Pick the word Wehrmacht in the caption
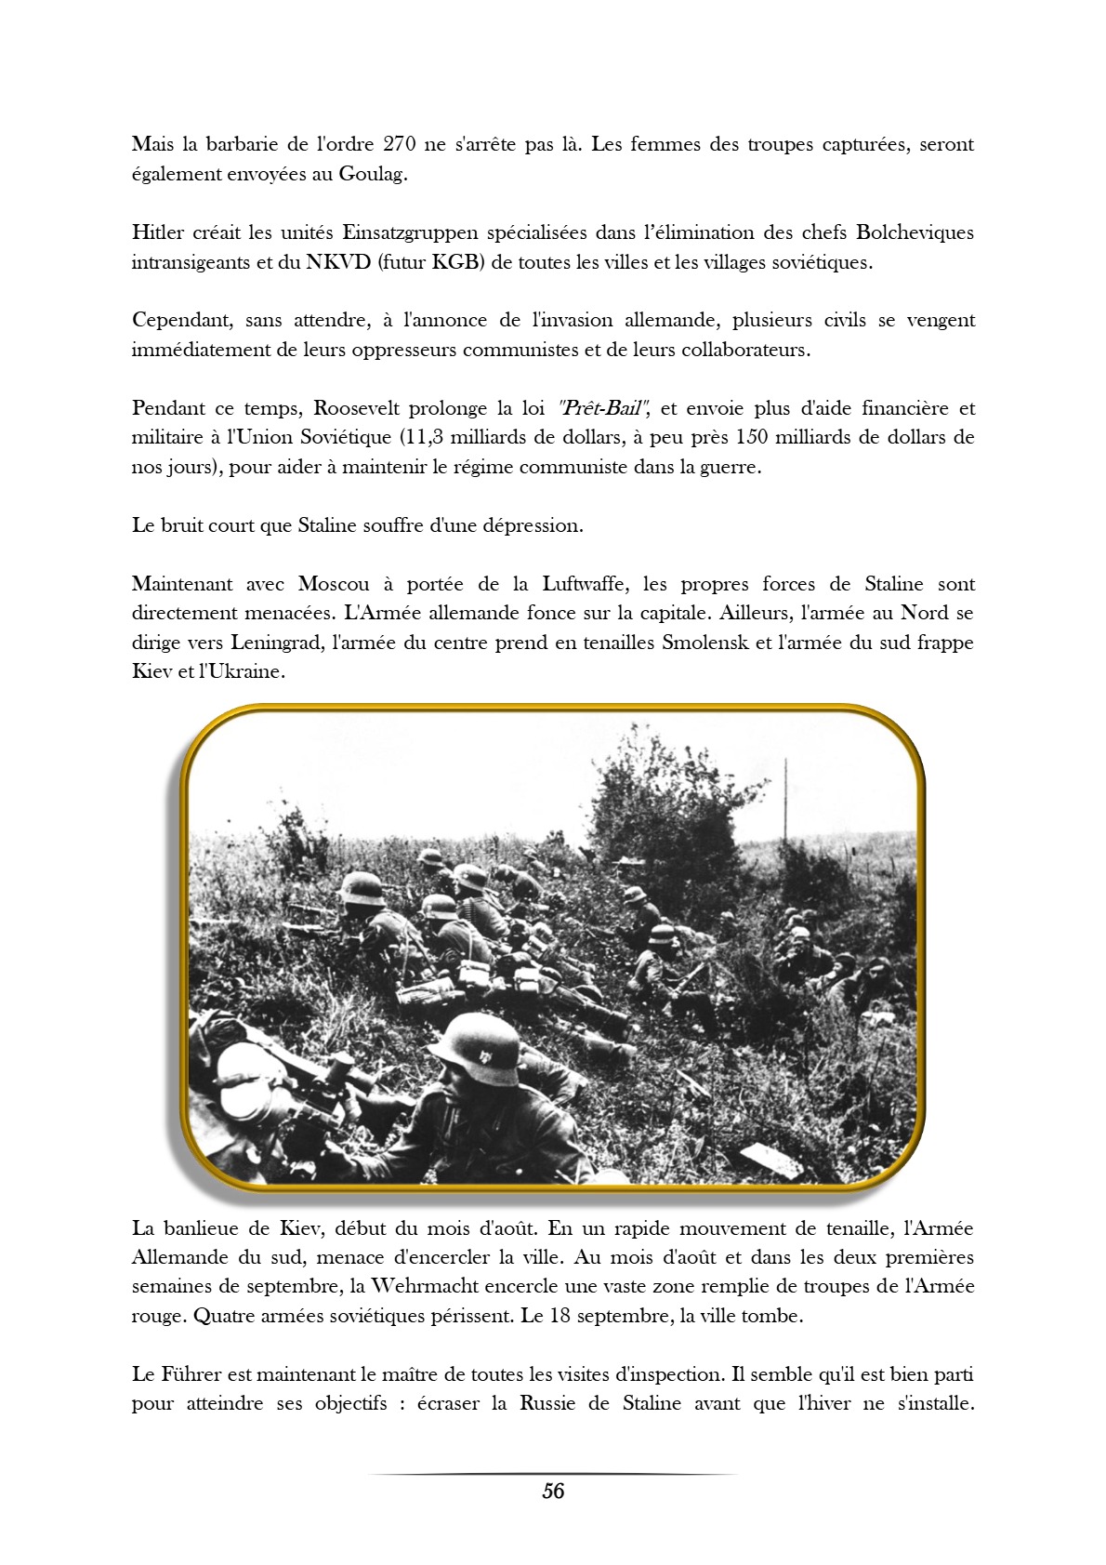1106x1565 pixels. click(433, 1287)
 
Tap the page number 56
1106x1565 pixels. click(553, 1492)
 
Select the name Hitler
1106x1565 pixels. click(158, 232)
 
